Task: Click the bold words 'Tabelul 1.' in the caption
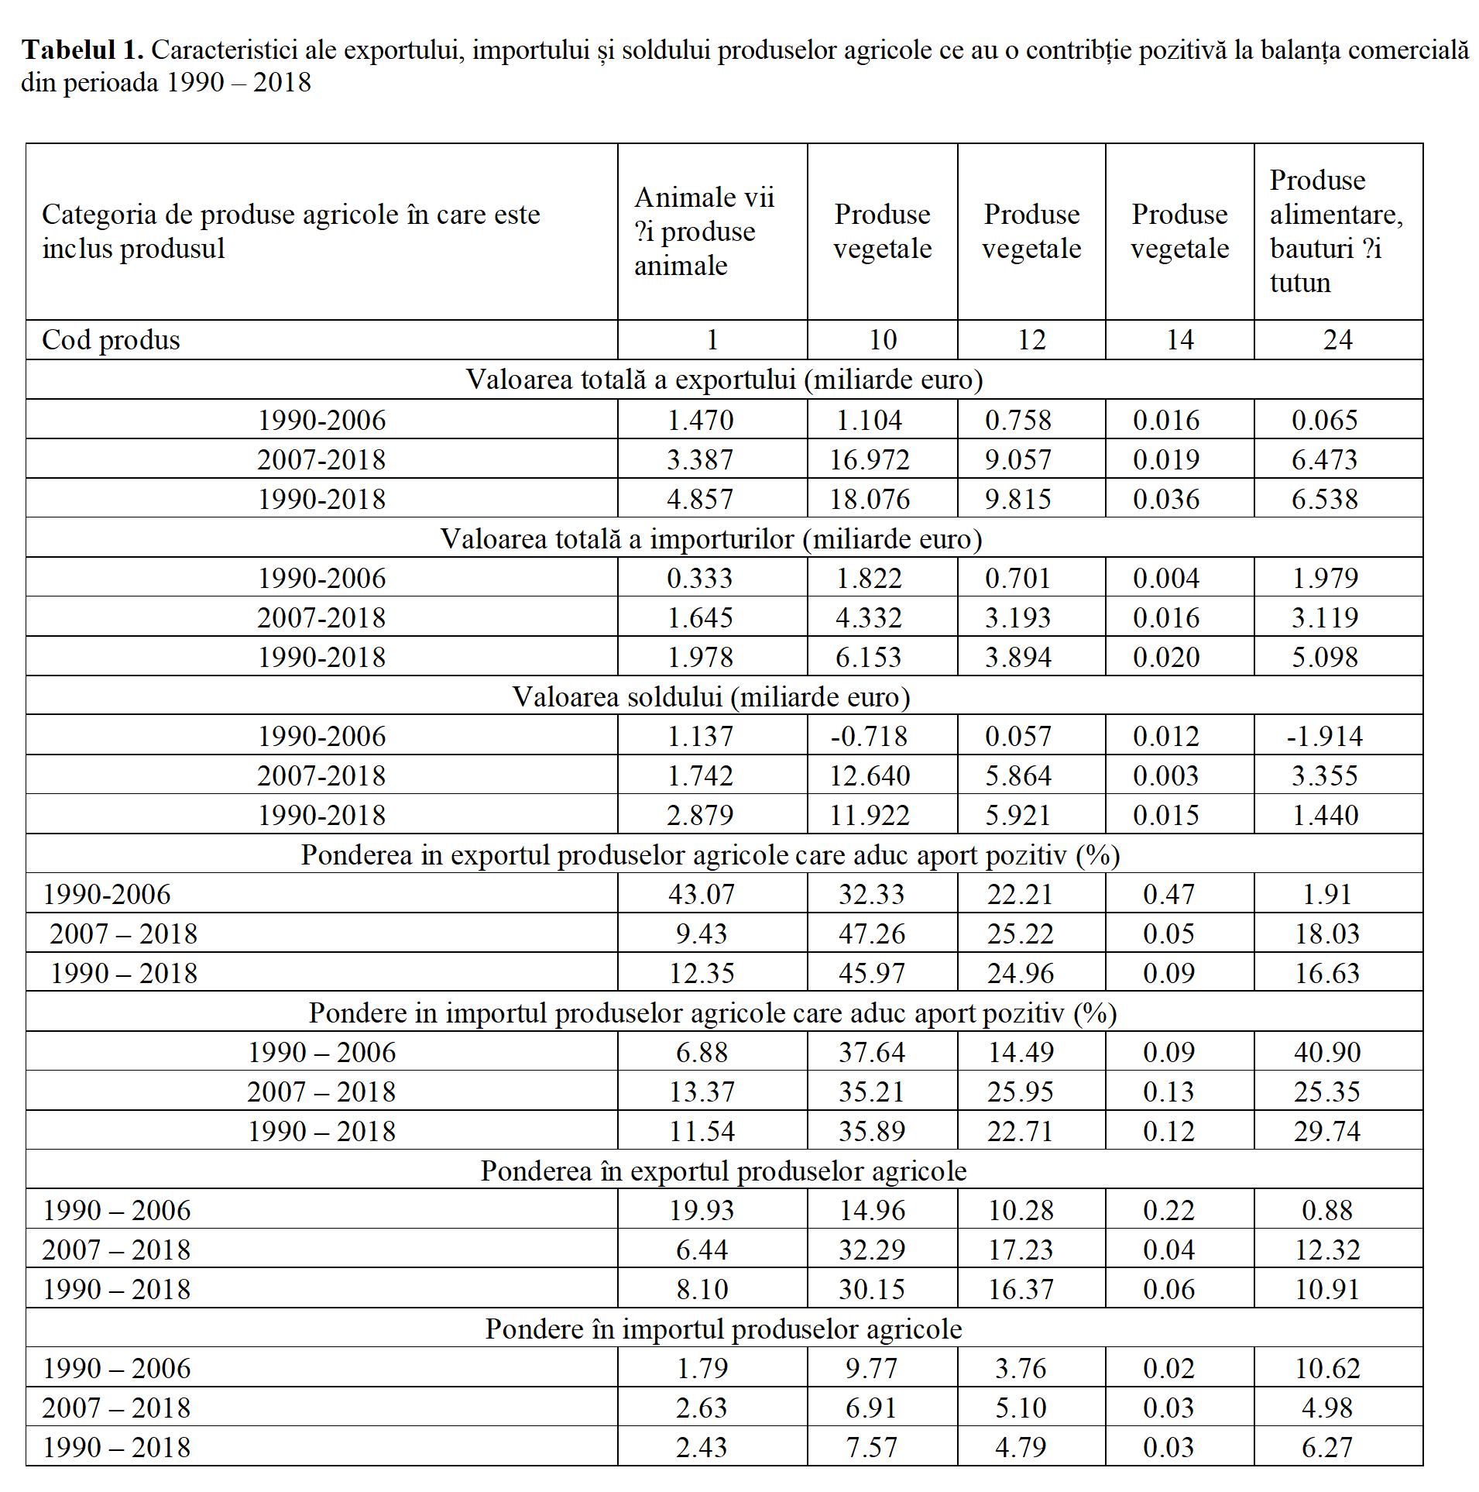[x=83, y=50]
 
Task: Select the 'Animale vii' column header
[x=704, y=231]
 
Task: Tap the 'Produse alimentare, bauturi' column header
[x=1337, y=231]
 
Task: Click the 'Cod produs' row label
[x=111, y=340]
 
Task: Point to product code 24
[x=1337, y=340]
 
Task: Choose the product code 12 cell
[x=1031, y=340]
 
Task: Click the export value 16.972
[x=870, y=459]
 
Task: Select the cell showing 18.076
[x=870, y=499]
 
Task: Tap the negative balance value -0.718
[x=869, y=736]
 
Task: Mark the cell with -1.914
[x=1324, y=736]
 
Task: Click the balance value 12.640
[x=870, y=775]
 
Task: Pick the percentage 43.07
[x=702, y=894]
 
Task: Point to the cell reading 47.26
[x=871, y=933]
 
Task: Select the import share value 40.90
[x=1327, y=1052]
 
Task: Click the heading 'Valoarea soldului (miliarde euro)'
[x=711, y=696]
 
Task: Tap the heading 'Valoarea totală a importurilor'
[x=711, y=538]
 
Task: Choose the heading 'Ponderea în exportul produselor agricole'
[x=723, y=1171]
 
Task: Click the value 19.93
[x=702, y=1210]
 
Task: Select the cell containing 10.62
[x=1327, y=1368]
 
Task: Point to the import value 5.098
[x=1324, y=657]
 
